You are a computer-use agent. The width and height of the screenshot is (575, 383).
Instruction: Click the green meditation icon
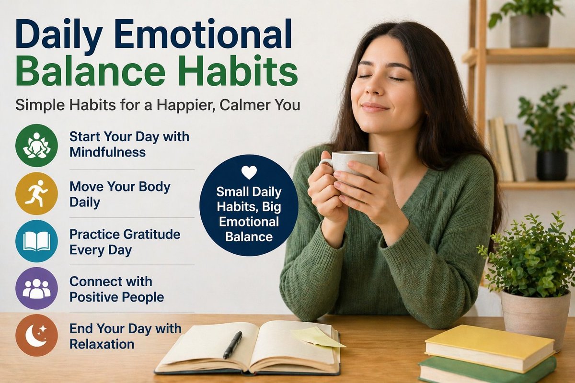tap(36, 145)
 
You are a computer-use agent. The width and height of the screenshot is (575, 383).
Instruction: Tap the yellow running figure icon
tap(36, 193)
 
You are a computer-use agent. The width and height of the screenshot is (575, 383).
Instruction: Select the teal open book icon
tap(36, 241)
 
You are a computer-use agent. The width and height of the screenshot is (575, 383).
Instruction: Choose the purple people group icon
tap(36, 288)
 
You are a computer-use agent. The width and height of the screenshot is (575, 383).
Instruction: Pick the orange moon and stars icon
tap(36, 335)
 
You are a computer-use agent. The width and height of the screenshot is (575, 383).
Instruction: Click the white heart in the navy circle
tap(249, 172)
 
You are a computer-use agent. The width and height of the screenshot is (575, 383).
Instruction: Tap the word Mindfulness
tap(107, 153)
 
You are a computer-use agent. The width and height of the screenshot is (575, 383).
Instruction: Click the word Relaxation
tap(102, 344)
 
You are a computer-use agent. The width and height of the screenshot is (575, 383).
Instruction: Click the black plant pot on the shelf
tap(551, 165)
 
